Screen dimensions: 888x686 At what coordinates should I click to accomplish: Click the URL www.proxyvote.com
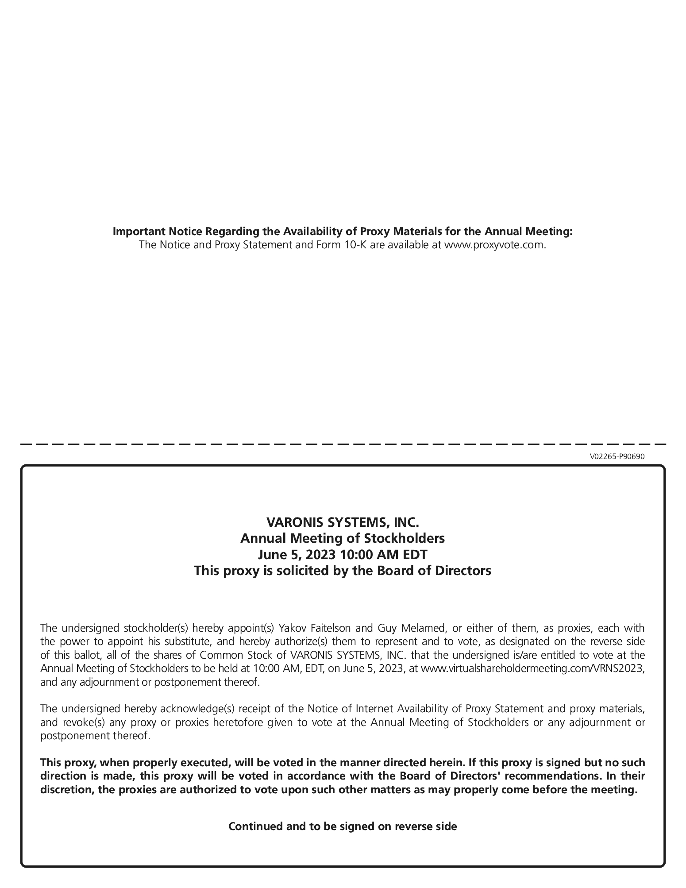coord(494,245)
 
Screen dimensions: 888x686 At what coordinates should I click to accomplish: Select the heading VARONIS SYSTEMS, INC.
coord(343,522)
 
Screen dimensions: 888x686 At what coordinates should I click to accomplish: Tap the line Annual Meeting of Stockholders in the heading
coord(343,538)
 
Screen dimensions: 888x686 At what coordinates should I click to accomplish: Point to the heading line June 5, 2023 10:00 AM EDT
coord(343,554)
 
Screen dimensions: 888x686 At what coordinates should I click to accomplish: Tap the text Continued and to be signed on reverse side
coord(343,826)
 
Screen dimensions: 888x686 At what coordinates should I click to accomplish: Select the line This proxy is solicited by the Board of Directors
coord(343,570)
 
